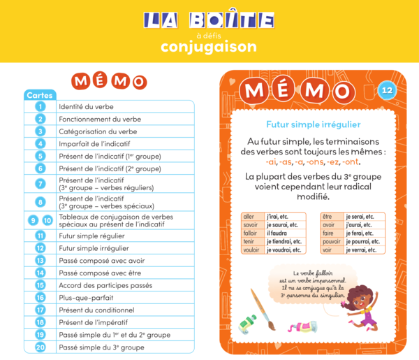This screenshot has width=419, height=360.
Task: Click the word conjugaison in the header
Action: tap(209, 48)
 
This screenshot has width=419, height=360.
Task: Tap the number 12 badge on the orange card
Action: tap(388, 89)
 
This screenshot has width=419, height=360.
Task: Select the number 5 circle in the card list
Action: tap(41, 156)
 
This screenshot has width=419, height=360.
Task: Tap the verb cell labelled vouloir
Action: tap(252, 250)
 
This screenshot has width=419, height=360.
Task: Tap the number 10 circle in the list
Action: tap(47, 220)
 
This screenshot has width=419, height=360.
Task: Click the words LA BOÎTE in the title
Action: tap(209, 20)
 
